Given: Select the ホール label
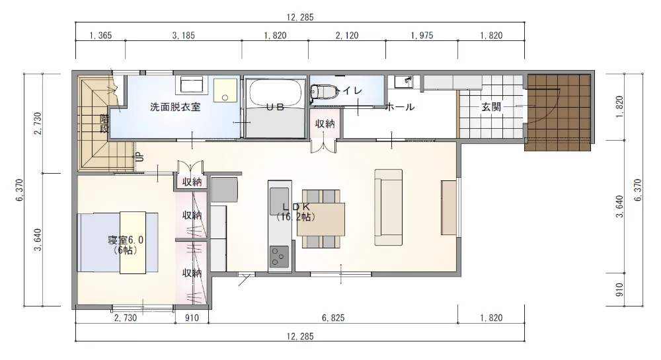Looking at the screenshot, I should tap(400, 107).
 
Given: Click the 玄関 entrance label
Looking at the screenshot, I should tap(490, 106).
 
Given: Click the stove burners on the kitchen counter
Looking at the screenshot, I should tap(279, 255).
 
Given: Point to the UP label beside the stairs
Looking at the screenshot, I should tap(139, 157).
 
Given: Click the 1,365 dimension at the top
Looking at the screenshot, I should tap(100, 36).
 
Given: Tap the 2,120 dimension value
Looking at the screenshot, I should tap(346, 36).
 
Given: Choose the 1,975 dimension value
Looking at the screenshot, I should tap(421, 36).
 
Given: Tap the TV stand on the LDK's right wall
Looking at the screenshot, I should tap(449, 206).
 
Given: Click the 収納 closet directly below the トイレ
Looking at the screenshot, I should tap(325, 124).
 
